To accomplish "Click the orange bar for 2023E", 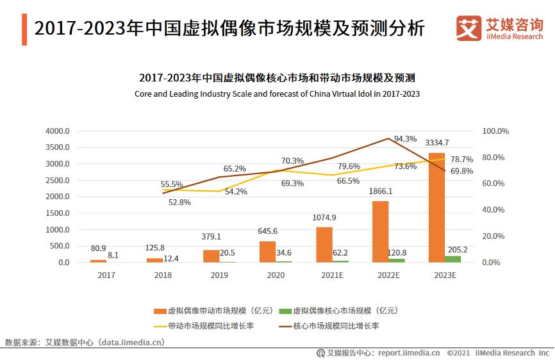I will click(437, 208).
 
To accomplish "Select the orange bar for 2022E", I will click(380, 231).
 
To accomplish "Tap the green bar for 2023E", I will click(453, 259).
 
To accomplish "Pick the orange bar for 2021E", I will click(324, 245).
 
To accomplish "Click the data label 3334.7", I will click(437, 143).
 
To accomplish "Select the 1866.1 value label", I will click(380, 191).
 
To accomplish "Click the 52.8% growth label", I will click(179, 202).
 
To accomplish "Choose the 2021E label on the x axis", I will click(332, 275).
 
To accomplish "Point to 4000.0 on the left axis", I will click(57, 131).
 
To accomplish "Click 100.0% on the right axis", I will click(495, 131).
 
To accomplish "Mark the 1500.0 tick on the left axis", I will click(57, 213).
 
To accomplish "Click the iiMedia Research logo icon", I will click(469, 28).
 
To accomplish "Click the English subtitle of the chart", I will click(277, 94).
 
